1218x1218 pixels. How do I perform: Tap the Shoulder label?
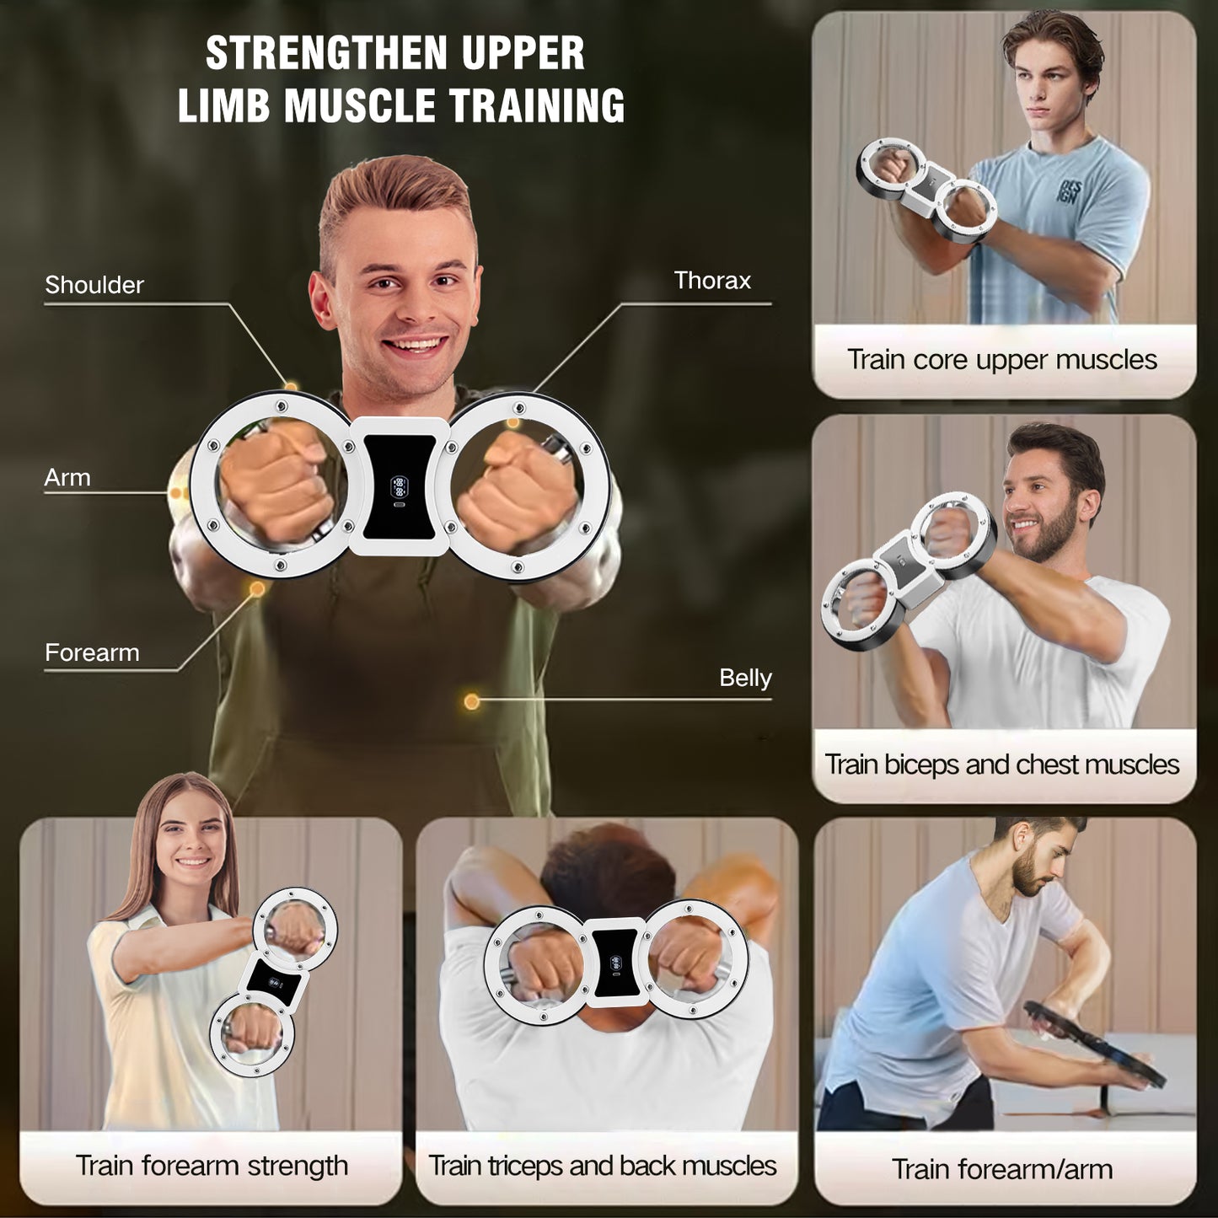click(x=94, y=285)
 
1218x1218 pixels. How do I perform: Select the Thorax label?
click(x=712, y=280)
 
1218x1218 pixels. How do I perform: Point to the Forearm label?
click(x=92, y=652)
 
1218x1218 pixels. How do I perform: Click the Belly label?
click(x=745, y=679)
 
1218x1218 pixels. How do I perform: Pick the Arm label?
click(x=67, y=477)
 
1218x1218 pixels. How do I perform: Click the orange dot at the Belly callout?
click(x=471, y=701)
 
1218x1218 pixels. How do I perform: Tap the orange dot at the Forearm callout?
click(x=256, y=589)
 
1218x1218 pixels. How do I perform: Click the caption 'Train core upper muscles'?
click(x=1002, y=360)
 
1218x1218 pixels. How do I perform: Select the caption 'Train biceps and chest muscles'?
click(x=1002, y=765)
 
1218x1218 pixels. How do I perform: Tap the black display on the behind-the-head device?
click(x=614, y=963)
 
